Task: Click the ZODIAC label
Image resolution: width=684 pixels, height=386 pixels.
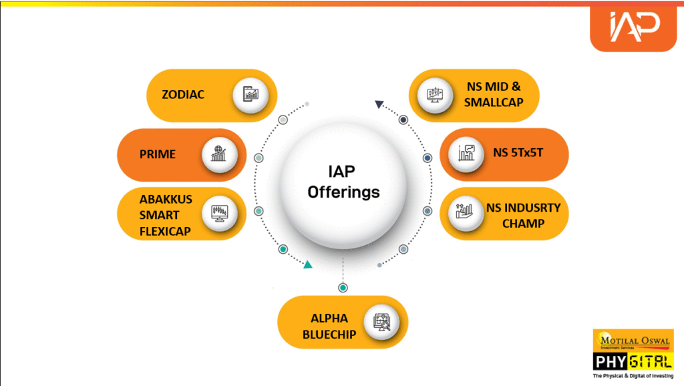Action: (x=183, y=94)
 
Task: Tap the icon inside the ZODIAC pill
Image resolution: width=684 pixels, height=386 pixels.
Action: (x=250, y=93)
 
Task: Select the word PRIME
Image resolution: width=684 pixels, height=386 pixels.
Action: (x=158, y=154)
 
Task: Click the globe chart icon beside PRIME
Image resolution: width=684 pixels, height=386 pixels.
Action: (x=218, y=154)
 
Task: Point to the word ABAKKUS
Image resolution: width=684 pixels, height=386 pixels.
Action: (x=166, y=199)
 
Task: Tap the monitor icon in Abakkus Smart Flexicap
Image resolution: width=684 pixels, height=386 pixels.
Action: (x=219, y=213)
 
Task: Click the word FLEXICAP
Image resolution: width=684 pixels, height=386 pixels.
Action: (x=165, y=231)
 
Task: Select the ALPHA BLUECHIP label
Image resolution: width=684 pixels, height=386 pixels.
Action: (x=329, y=327)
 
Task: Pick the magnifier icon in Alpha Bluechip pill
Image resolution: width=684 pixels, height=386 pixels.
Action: (x=381, y=323)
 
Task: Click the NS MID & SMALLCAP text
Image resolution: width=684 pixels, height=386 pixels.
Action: (x=494, y=94)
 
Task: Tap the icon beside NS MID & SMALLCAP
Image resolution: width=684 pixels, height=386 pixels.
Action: (x=435, y=94)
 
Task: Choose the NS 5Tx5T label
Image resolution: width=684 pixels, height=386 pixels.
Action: (x=518, y=153)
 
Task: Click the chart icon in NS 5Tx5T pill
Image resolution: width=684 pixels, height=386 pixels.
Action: (x=466, y=153)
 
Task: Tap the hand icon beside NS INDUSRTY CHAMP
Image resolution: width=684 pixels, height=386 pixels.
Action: (x=464, y=211)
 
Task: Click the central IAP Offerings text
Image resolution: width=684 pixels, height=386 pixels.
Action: (x=343, y=182)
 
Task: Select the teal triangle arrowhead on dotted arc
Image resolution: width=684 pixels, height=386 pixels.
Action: (x=309, y=264)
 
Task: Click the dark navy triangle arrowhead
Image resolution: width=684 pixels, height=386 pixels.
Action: (x=379, y=104)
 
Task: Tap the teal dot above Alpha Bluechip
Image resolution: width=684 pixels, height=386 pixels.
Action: (x=343, y=288)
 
